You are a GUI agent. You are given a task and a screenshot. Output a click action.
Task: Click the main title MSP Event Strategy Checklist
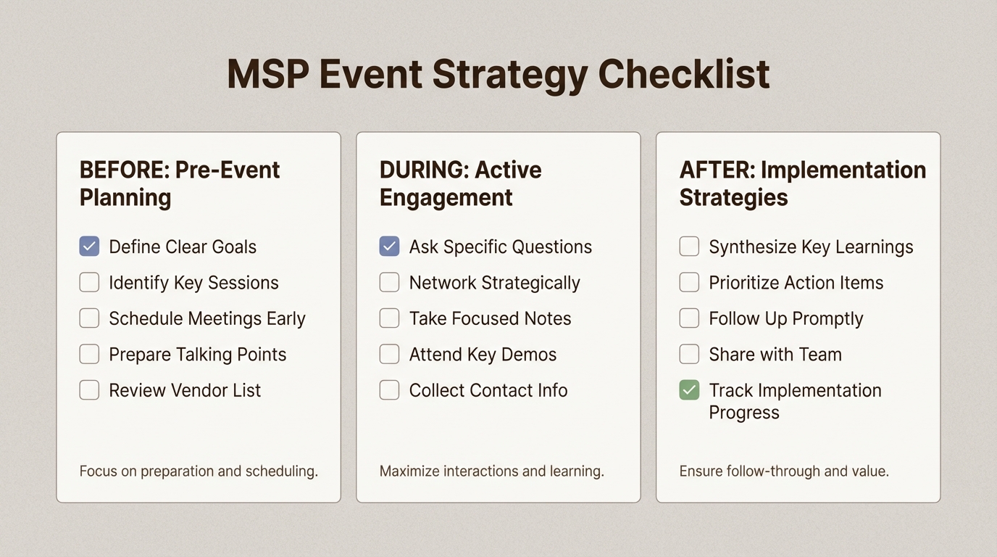pos(498,75)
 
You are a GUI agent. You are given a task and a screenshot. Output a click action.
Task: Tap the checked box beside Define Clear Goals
pos(89,247)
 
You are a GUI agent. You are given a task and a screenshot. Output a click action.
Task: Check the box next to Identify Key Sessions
pos(89,282)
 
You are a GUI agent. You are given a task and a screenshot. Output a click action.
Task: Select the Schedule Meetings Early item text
pos(207,318)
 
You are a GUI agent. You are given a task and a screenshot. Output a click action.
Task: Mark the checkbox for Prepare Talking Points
pos(89,354)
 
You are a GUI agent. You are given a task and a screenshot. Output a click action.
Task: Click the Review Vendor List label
pos(184,390)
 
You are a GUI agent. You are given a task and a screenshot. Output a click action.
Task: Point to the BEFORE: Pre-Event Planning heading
pos(179,183)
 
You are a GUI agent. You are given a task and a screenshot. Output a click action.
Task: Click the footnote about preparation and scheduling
pos(198,471)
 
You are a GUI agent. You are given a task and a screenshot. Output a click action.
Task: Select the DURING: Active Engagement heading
pos(460,183)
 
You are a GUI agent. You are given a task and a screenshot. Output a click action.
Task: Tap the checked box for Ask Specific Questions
pos(389,247)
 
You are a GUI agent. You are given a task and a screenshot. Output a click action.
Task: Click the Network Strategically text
pos(494,282)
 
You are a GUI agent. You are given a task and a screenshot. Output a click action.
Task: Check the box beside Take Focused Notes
pos(389,318)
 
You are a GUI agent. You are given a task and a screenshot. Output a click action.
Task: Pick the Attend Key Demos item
pos(483,354)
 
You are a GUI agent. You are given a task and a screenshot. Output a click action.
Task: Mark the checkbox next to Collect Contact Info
pos(389,390)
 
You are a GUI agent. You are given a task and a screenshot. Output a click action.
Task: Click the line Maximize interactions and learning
pos(491,471)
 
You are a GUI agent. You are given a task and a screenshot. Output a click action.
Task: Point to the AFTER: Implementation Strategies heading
pos(802,183)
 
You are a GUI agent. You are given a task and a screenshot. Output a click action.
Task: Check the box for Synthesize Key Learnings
pos(689,247)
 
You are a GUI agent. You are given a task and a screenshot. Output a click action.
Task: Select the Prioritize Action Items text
pos(796,282)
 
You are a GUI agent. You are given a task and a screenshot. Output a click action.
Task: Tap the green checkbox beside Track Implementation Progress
pos(689,390)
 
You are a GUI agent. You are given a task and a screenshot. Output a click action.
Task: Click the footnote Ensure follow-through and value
pos(783,471)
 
